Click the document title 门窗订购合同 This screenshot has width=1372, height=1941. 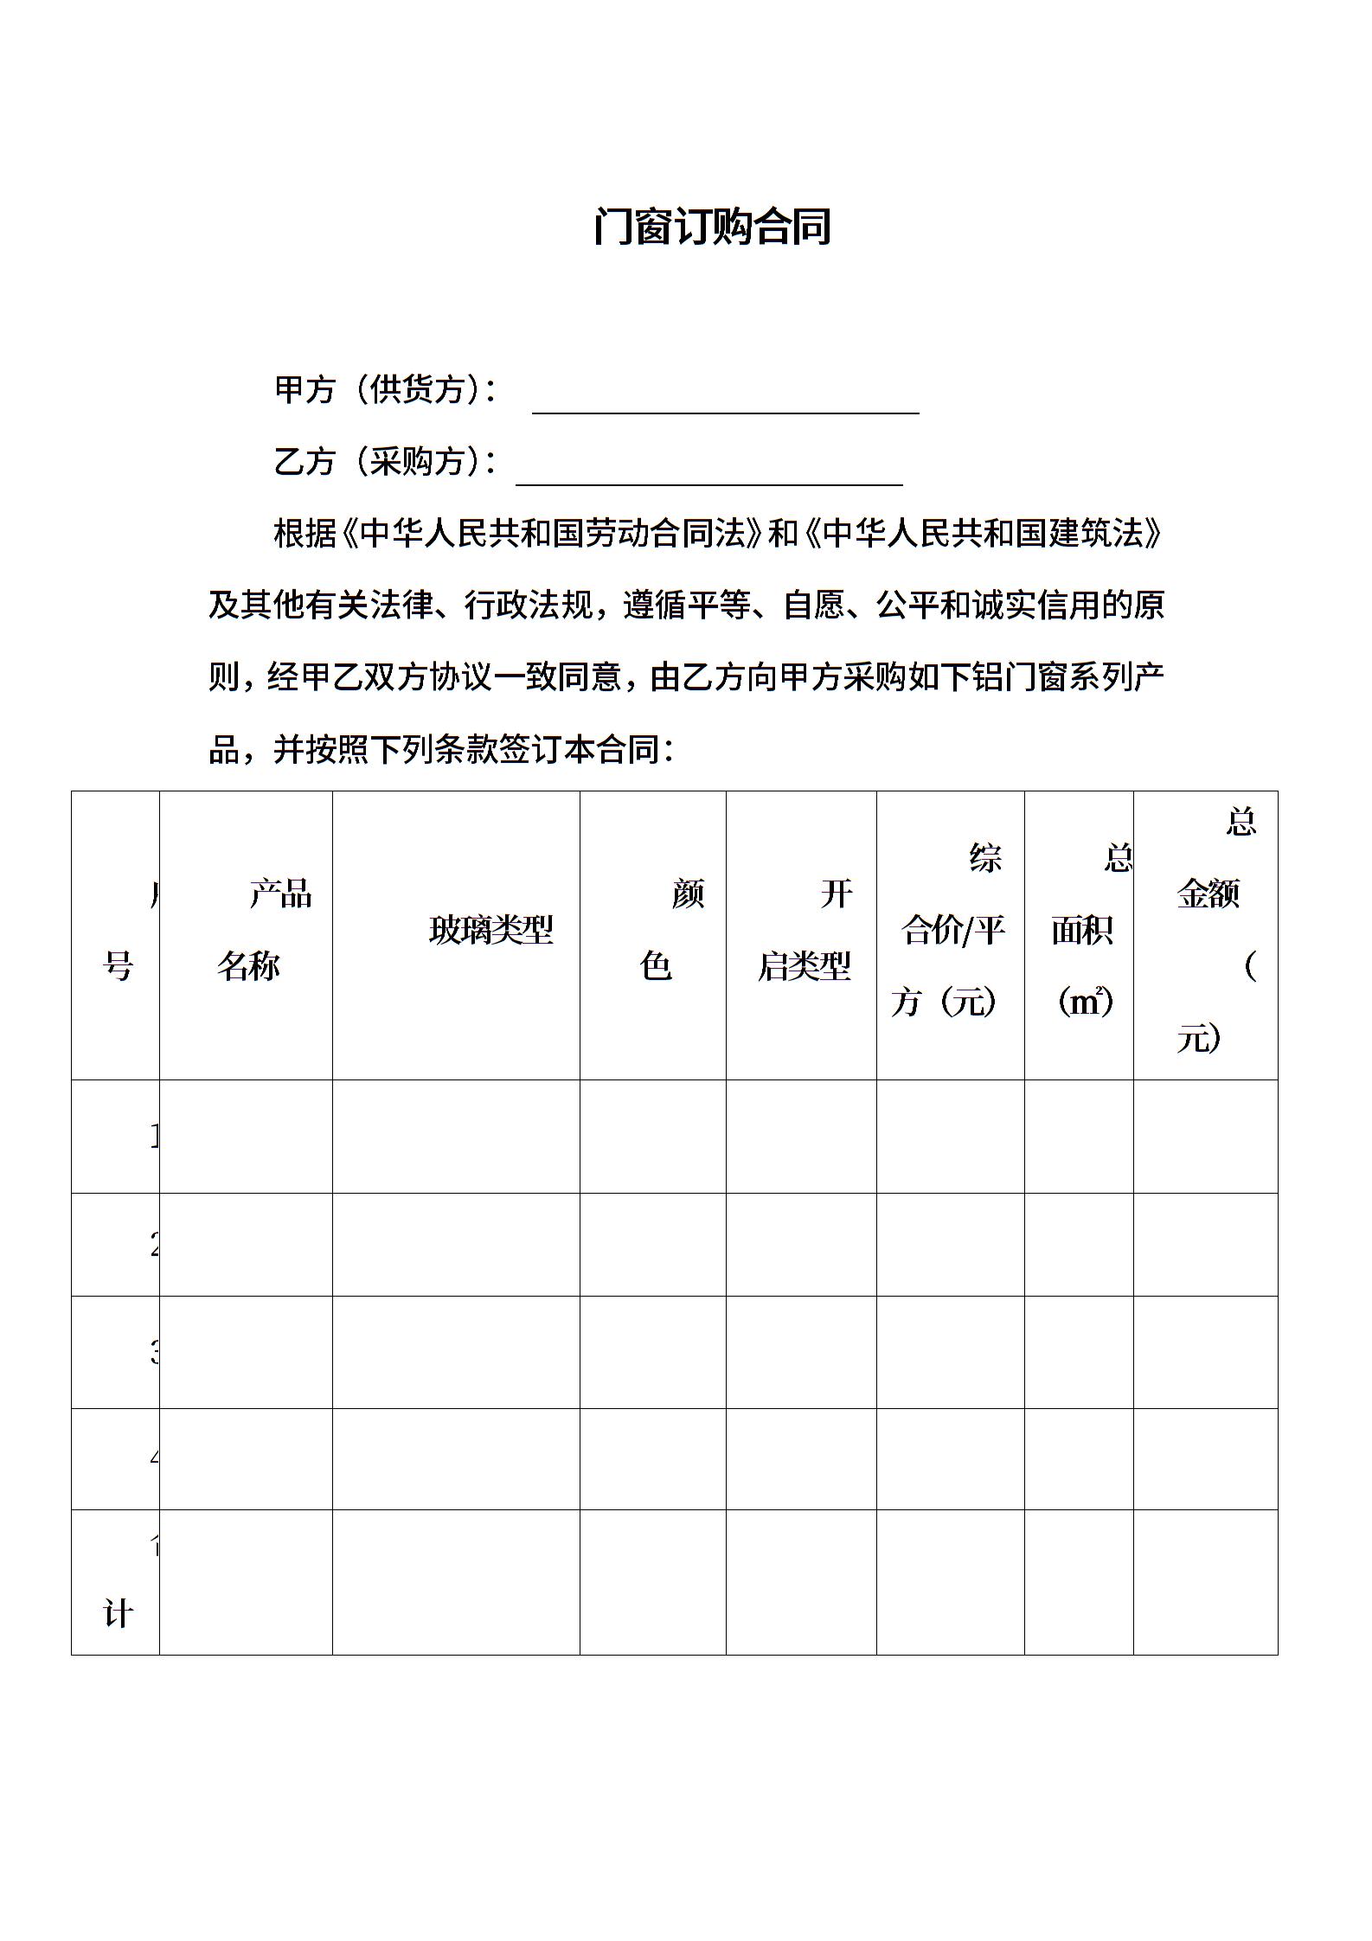712,227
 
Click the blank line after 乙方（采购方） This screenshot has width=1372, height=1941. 708,473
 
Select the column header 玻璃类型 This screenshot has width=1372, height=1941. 490,931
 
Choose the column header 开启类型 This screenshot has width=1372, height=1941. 805,930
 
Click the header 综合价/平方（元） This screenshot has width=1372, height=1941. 951,931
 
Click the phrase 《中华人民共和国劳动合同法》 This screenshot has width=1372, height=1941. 554,534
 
